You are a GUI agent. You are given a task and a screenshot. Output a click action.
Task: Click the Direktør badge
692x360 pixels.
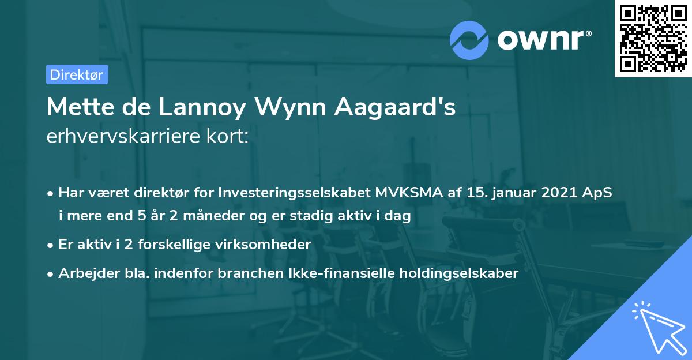coord(77,74)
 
